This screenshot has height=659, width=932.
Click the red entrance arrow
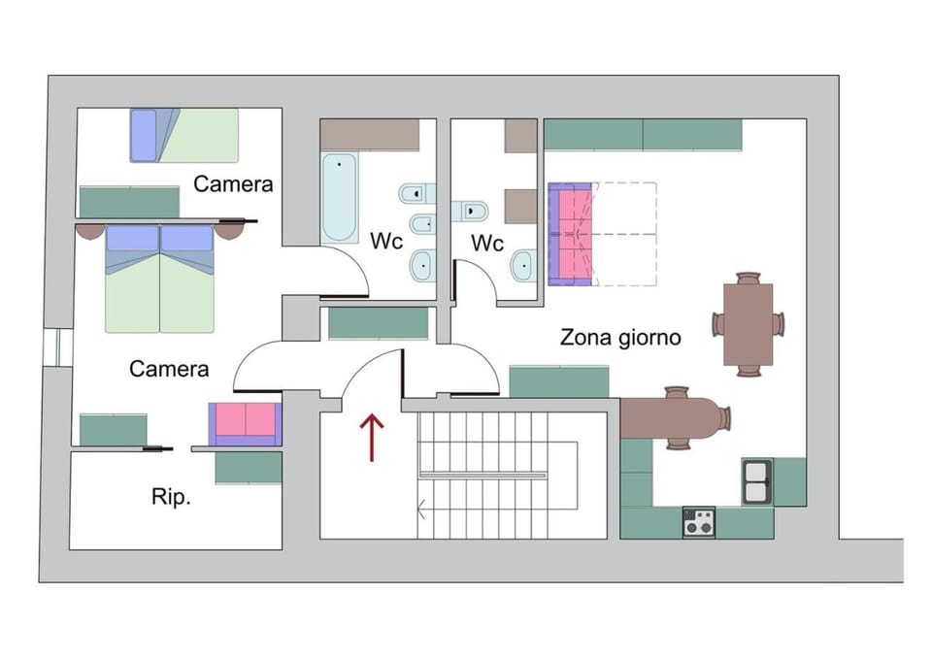[x=372, y=437]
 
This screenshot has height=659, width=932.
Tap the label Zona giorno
[x=620, y=338]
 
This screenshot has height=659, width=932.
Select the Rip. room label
[x=171, y=496]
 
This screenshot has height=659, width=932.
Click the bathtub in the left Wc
[x=340, y=198]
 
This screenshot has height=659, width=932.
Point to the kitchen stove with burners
[x=698, y=522]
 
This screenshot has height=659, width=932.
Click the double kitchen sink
[x=756, y=481]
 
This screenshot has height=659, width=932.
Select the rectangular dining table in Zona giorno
[x=749, y=324]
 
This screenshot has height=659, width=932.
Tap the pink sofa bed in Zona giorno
[x=571, y=234]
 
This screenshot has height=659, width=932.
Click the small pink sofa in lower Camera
[x=245, y=424]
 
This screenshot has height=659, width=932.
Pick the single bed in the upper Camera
[x=184, y=136]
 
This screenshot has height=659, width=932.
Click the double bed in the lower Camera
[x=159, y=279]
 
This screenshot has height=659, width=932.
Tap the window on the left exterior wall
[x=57, y=347]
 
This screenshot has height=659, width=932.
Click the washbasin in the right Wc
[x=523, y=266]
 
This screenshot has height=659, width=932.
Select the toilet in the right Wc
[x=470, y=211]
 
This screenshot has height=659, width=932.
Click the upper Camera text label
[x=233, y=184]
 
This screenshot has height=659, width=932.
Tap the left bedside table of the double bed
[x=91, y=231]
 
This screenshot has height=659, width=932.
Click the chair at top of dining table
[x=749, y=279]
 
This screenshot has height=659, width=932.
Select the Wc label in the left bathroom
[x=386, y=242]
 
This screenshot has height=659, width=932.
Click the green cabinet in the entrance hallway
[x=379, y=324]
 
